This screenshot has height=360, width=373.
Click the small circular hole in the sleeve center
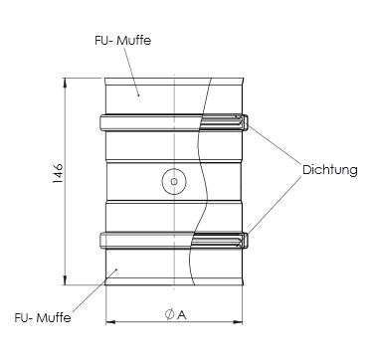coord(172,181)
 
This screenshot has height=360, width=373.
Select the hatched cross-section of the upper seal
coord(223,123)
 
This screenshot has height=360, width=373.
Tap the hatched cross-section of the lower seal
coord(223,241)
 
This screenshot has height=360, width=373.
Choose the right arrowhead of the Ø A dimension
coord(241,322)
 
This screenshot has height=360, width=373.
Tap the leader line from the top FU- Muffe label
coord(124,68)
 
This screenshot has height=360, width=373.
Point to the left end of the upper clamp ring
coord(101,123)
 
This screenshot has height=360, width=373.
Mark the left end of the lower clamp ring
coord(101,240)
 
